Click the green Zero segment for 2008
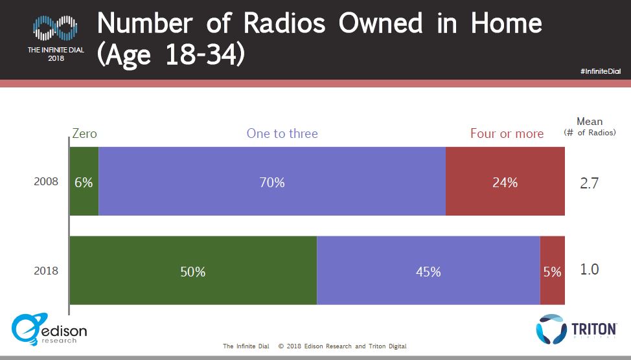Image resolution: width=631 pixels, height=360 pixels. (x=84, y=181)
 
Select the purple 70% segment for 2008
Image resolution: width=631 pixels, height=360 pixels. (x=272, y=181)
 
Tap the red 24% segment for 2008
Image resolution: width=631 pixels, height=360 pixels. (x=505, y=181)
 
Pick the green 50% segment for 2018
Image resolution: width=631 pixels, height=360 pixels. (x=193, y=270)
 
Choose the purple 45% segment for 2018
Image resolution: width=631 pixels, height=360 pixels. (x=429, y=270)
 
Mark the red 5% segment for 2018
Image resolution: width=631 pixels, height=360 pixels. (x=553, y=270)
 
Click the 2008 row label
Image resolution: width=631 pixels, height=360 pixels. (x=46, y=181)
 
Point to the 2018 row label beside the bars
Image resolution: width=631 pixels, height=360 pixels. (x=46, y=271)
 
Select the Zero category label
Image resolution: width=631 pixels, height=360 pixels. (x=84, y=133)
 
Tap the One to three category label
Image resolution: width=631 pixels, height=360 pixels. (x=282, y=133)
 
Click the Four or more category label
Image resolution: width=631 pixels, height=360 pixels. (x=507, y=133)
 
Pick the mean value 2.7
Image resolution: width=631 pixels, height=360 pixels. (x=589, y=183)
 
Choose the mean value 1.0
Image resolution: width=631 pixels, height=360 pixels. (x=589, y=269)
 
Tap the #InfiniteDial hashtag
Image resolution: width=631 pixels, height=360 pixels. (x=601, y=71)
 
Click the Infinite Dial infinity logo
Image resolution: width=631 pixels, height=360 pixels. (x=55, y=28)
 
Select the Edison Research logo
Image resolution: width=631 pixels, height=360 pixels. (x=49, y=330)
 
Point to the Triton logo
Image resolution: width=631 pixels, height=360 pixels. (x=577, y=329)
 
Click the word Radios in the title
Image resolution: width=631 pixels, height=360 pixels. (x=284, y=23)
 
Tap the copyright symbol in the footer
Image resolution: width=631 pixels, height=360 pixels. (x=281, y=346)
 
